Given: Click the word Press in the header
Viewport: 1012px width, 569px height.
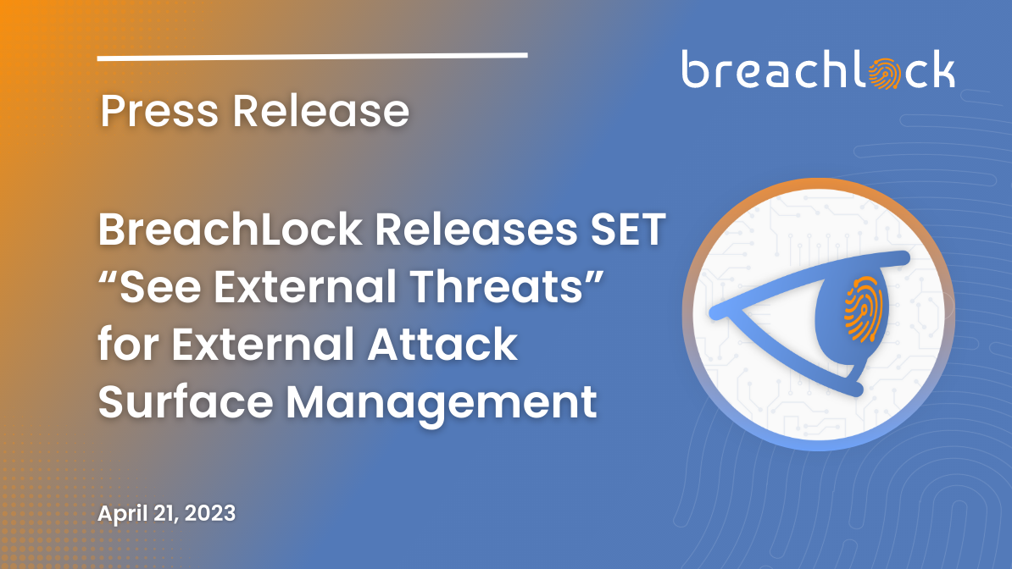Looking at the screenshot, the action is pyautogui.click(x=159, y=110).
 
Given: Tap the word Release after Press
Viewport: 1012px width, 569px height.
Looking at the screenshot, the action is pyautogui.click(x=320, y=110).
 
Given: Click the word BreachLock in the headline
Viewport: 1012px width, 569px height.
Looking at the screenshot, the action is pyautogui.click(x=231, y=229).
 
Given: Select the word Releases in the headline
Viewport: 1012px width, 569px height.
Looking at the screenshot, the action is pyautogui.click(x=475, y=229).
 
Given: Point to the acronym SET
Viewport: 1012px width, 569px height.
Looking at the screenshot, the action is pyautogui.click(x=628, y=229).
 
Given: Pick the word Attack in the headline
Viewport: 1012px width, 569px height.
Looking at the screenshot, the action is pyautogui.click(x=442, y=344).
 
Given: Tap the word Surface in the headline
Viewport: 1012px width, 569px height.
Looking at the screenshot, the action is pyautogui.click(x=186, y=401).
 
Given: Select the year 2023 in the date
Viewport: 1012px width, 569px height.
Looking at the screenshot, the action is pyautogui.click(x=209, y=513).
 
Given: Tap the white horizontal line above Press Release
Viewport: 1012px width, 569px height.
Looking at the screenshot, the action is pyautogui.click(x=313, y=57).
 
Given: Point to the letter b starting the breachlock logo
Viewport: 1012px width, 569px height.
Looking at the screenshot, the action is pyautogui.click(x=695, y=69).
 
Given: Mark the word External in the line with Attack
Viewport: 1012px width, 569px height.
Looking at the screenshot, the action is pyautogui.click(x=263, y=344).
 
